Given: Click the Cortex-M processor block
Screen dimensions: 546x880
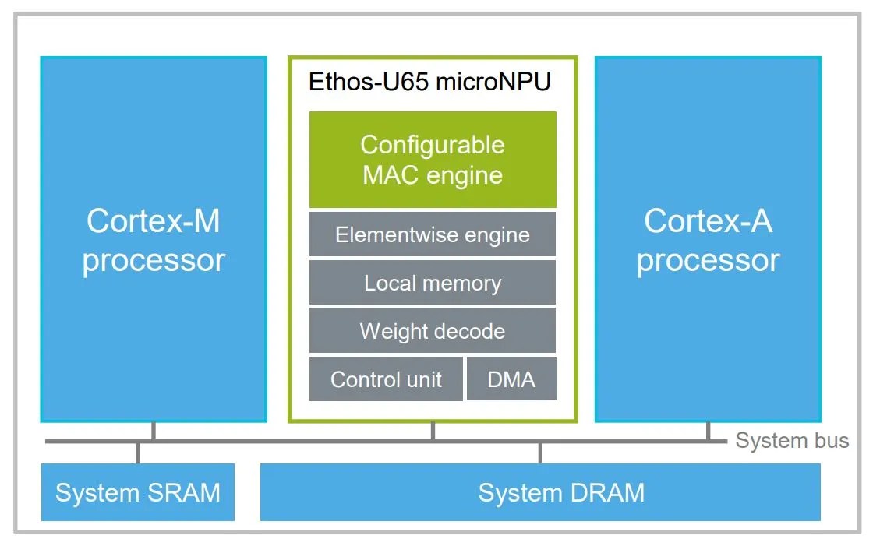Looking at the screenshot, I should click(154, 240).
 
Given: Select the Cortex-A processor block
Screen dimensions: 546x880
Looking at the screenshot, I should click(708, 240).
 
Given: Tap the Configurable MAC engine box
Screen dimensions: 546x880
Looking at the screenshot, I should click(433, 159).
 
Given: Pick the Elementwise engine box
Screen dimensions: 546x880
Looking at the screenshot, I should click(433, 234).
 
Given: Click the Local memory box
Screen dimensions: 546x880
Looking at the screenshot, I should click(433, 283).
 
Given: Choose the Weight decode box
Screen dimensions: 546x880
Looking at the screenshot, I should click(433, 331).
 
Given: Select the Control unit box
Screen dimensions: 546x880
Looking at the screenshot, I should click(386, 379).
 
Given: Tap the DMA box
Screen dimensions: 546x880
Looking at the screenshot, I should click(511, 379).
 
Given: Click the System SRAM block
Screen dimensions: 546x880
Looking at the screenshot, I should click(138, 492).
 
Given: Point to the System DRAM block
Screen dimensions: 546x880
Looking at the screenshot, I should click(540, 492).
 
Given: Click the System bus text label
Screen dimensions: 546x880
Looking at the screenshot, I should click(792, 441).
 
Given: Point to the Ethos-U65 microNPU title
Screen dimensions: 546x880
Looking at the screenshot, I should click(430, 82).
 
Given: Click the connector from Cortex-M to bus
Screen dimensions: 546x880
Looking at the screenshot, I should click(154, 432).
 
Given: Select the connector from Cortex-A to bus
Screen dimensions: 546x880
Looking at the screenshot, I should click(708, 432).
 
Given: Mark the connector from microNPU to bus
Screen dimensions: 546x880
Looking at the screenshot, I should click(433, 432).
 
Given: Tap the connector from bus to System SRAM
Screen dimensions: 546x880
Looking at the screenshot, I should click(138, 453).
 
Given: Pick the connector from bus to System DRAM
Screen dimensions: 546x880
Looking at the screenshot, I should click(540, 453).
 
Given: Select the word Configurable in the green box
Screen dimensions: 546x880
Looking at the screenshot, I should click(433, 145).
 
